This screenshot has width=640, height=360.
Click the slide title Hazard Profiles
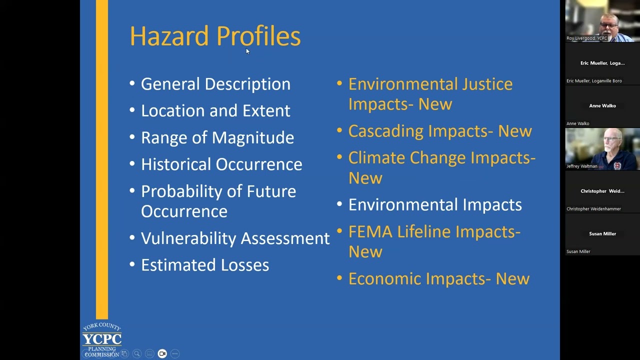(215, 36)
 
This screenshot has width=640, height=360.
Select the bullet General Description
(215, 84)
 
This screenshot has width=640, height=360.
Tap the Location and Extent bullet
(215, 110)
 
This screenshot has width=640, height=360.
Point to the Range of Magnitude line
(217, 137)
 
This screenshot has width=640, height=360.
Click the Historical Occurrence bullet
(221, 164)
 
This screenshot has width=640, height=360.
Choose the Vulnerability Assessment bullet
(235, 238)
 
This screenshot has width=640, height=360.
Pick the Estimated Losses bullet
(205, 265)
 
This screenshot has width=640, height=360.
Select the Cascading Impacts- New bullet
(440, 131)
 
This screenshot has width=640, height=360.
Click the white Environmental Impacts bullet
(435, 205)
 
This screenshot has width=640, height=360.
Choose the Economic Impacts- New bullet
(438, 279)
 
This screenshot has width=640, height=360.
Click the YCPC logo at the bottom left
(102, 339)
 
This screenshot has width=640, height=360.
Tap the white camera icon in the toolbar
(162, 353)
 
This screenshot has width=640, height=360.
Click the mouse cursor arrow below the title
(247, 51)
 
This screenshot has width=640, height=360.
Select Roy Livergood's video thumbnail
(602, 21)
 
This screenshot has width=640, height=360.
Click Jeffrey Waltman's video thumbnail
(602, 149)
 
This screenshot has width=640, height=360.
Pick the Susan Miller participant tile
(602, 234)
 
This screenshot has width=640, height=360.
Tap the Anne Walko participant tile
(602, 106)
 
